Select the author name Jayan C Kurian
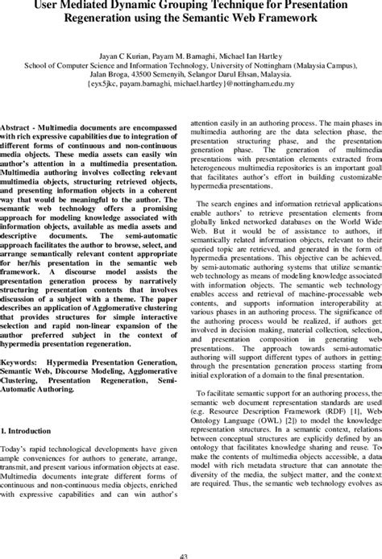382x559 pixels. point(133,48)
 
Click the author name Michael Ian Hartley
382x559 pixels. point(249,48)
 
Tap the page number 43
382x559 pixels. point(190,553)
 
